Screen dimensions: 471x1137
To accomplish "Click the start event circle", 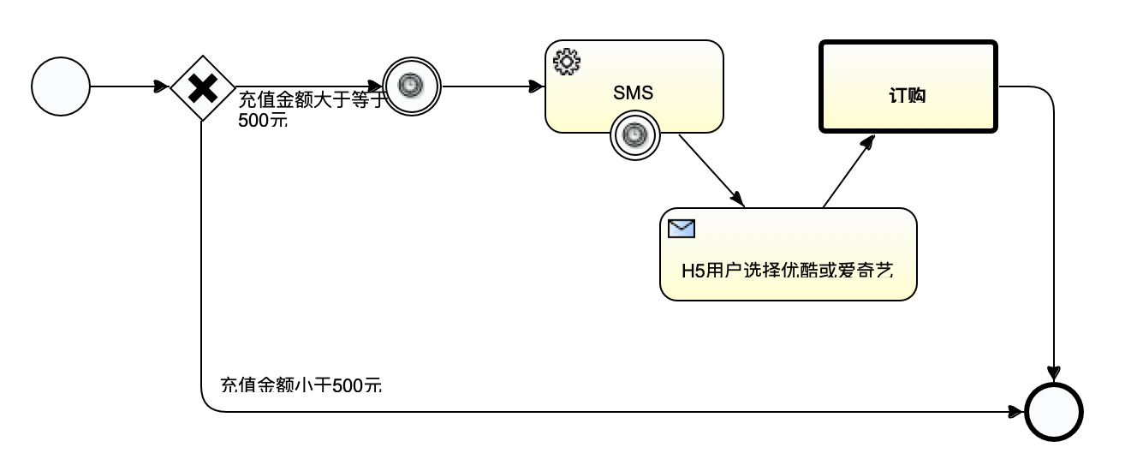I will [x=60, y=86].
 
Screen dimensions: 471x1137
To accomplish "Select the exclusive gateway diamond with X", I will [x=202, y=86].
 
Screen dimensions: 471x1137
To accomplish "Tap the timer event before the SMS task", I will [x=411, y=86].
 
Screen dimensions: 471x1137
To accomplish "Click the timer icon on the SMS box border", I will [x=634, y=134].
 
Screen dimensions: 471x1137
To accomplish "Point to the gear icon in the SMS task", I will [x=567, y=61].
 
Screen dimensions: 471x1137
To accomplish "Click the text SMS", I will [x=634, y=93].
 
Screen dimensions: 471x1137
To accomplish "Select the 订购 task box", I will [x=908, y=86].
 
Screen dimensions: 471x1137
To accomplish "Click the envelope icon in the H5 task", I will [x=682, y=228].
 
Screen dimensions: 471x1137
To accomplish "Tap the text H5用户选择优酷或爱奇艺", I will [x=788, y=271].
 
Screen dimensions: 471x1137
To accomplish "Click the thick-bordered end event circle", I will [x=1055, y=412].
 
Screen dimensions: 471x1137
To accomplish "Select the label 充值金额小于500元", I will [x=301, y=385].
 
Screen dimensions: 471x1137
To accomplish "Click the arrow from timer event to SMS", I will [x=492, y=86].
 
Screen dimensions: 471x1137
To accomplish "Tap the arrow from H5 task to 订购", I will [x=848, y=171].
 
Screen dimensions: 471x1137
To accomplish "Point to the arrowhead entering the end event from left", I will [x=1016, y=412].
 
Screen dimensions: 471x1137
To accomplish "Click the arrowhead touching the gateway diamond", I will [x=163, y=86].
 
